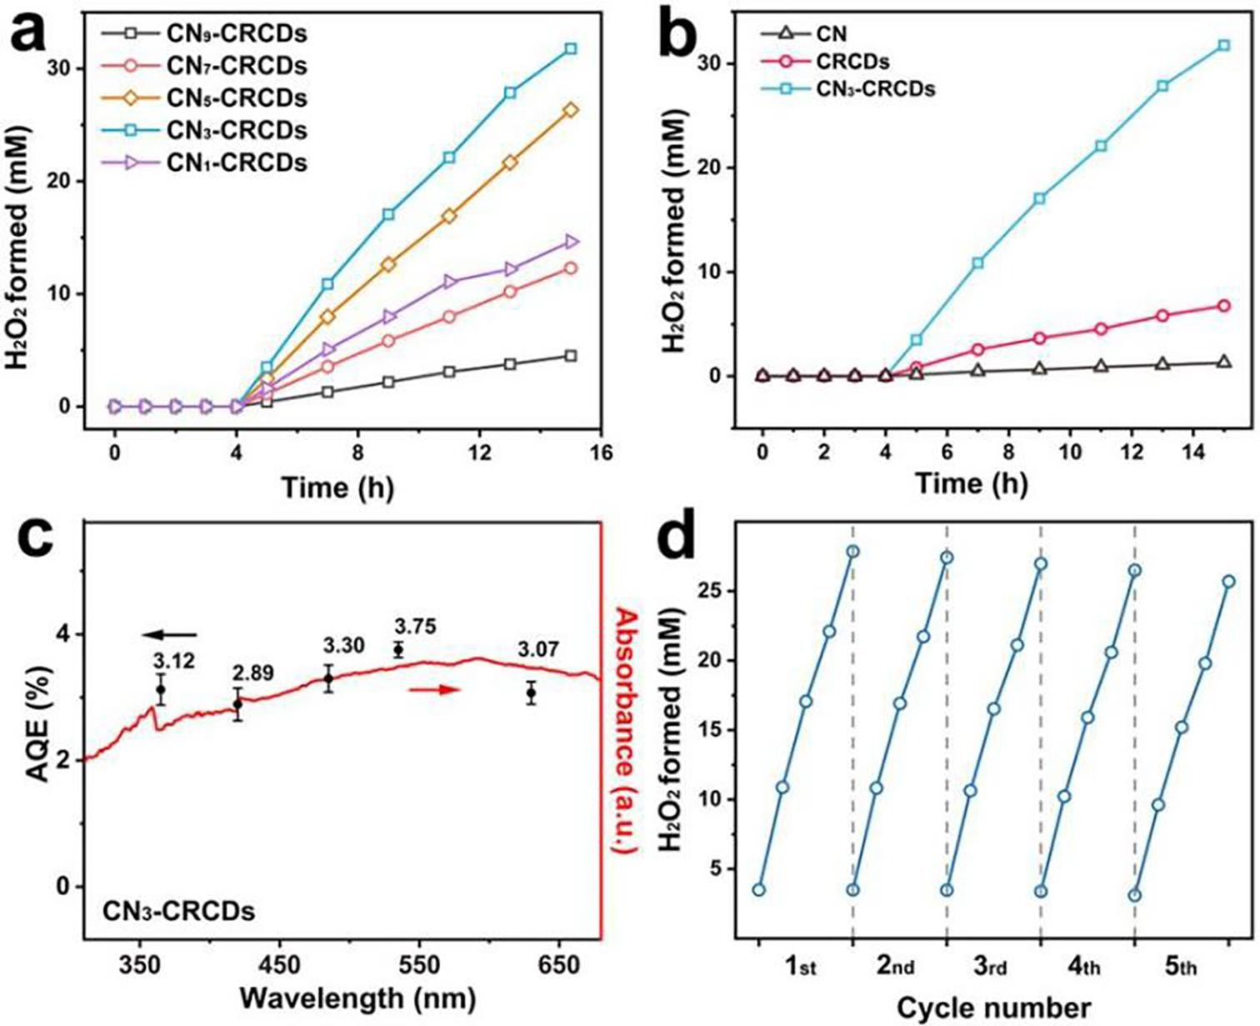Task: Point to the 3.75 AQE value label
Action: click(415, 627)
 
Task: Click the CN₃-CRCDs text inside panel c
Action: click(178, 912)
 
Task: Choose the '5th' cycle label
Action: click(1180, 967)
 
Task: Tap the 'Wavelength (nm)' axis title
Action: click(357, 997)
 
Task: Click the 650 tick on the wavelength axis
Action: click(558, 965)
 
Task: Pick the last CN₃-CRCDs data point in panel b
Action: click(1223, 45)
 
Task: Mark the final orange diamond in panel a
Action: click(571, 110)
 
